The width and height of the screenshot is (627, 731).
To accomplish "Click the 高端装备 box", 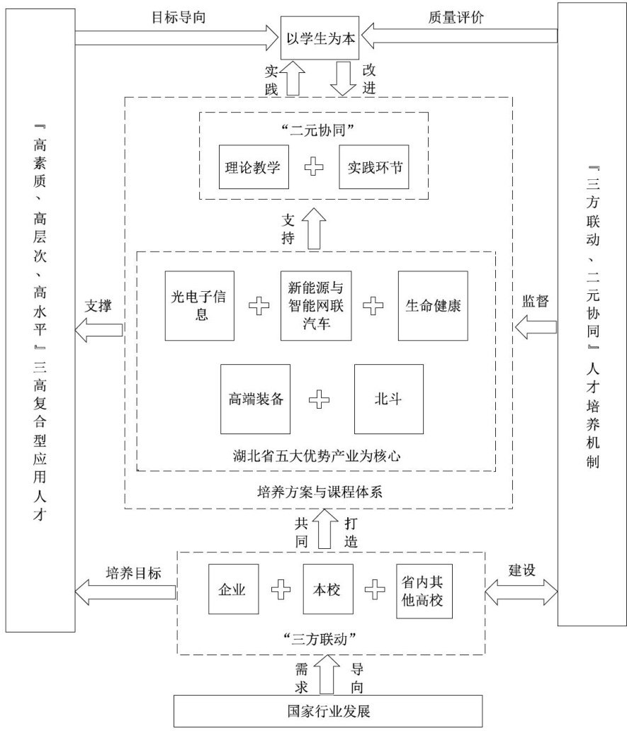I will pyautogui.click(x=256, y=398).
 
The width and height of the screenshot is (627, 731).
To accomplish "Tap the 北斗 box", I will pyautogui.click(x=388, y=398).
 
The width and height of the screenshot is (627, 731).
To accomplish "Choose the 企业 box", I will pyautogui.click(x=233, y=589).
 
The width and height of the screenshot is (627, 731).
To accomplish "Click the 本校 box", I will pyautogui.click(x=327, y=589).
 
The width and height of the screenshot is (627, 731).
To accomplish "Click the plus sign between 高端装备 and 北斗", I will pyautogui.click(x=320, y=399).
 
